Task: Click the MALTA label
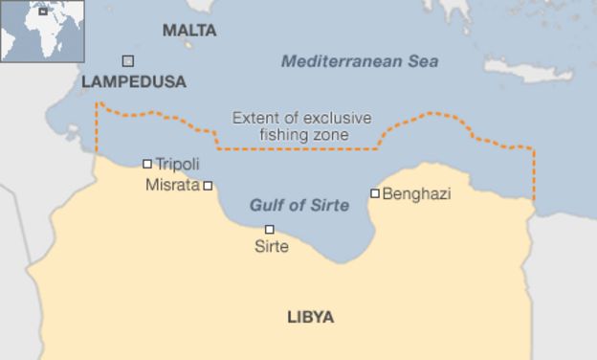[189, 31]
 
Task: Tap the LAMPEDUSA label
[134, 82]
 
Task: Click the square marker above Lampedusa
[127, 61]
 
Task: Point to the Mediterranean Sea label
[360, 61]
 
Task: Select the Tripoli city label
[177, 165]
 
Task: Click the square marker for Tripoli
[147, 164]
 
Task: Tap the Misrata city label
[172, 185]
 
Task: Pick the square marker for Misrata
[208, 186]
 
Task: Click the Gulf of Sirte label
[298, 205]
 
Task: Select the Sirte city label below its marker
[271, 247]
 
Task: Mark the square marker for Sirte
[270, 229]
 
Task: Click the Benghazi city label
[416, 193]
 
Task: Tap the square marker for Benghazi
[375, 193]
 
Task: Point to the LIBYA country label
[311, 317]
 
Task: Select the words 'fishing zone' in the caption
[304, 135]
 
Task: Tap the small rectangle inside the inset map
[42, 11]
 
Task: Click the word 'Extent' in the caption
[254, 119]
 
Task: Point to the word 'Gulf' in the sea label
[267, 205]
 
